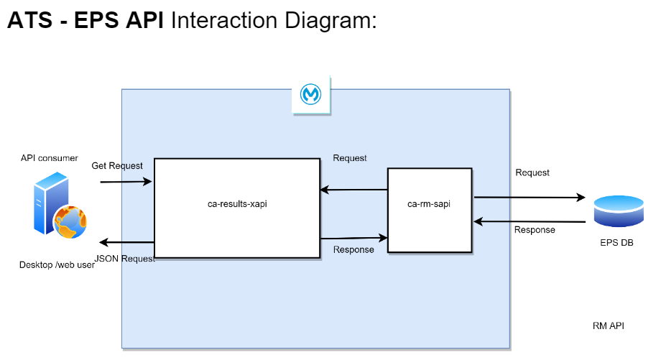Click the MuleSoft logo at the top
coord(311,95)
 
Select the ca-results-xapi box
coord(237,208)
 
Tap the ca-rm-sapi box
coord(430,209)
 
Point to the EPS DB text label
coord(616,243)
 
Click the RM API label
coord(608,326)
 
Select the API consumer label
coord(50,158)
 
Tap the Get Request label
coord(117,166)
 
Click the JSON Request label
coord(125,259)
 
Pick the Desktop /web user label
coord(57,265)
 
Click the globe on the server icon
coord(70,222)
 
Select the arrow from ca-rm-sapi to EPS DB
coord(527,196)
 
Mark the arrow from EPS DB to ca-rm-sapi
coord(527,222)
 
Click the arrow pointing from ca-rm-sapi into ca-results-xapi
coord(353,190)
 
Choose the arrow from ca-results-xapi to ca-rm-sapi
coord(353,237)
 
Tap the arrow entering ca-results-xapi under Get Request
coord(126,182)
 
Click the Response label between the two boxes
coord(353,250)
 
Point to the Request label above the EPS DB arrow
coord(532,172)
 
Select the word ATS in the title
coord(29,20)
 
